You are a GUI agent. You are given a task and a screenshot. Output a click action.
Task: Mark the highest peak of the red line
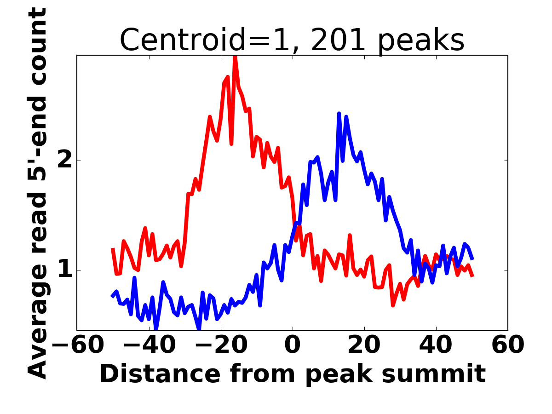click(235, 56)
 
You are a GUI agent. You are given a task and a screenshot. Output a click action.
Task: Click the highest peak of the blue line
click(339, 113)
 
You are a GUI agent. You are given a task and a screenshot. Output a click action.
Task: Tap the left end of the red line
click(113, 248)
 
